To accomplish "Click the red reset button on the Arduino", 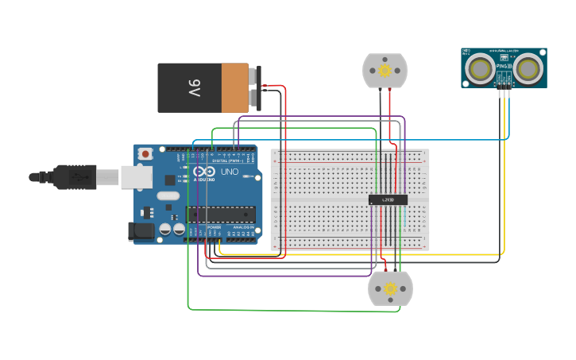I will pyautogui.click(x=145, y=153).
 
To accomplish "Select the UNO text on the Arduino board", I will pyautogui.click(x=229, y=172).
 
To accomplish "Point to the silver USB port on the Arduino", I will pyautogui.click(x=137, y=176).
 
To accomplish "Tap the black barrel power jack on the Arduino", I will pyautogui.click(x=141, y=231).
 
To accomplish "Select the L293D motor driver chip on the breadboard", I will pyautogui.click(x=388, y=199).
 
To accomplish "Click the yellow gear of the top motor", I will pyautogui.click(x=385, y=71).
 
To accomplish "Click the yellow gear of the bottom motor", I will pyautogui.click(x=390, y=289).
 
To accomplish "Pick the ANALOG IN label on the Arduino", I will pyautogui.click(x=243, y=228).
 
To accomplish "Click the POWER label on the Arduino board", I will pyautogui.click(x=215, y=228).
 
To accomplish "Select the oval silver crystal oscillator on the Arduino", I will pyautogui.click(x=168, y=195).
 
